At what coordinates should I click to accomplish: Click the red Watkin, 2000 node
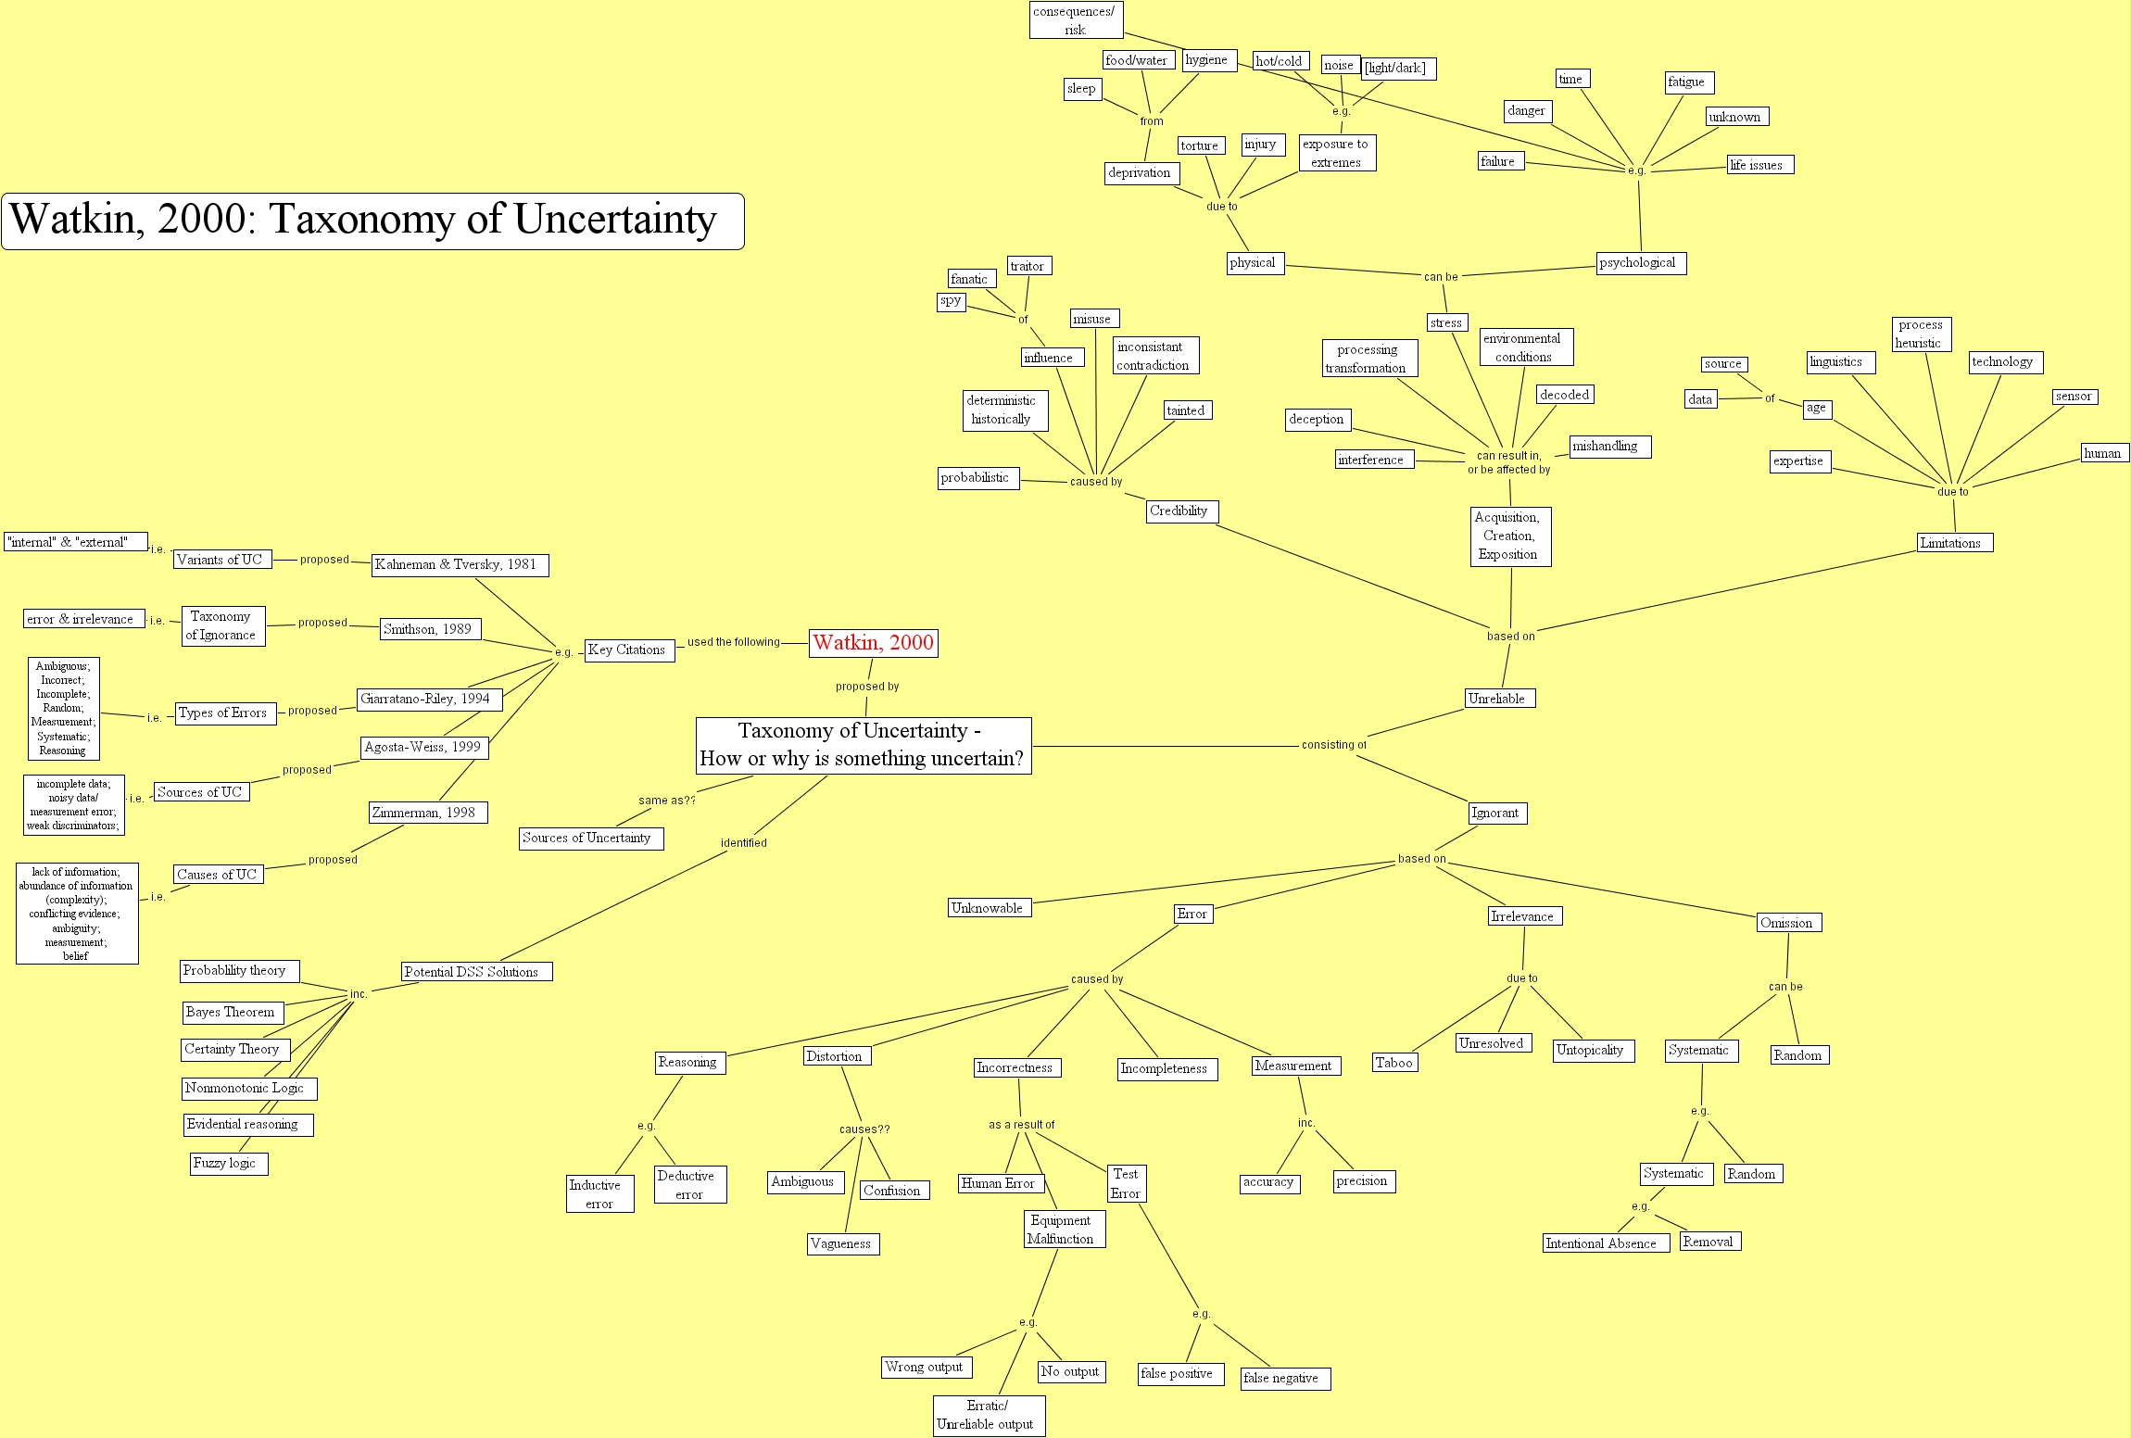tap(873, 643)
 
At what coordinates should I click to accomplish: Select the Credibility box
tap(1180, 511)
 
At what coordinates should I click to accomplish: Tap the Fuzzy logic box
tap(228, 1164)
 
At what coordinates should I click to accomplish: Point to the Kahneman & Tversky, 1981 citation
tap(460, 565)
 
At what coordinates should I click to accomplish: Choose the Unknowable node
tap(990, 908)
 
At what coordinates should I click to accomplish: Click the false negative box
tap(1285, 1379)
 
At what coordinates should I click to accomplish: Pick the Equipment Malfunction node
tap(1064, 1230)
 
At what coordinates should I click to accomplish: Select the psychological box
tap(1641, 263)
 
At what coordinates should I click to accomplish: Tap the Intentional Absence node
tap(1605, 1243)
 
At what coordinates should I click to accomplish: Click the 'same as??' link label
tap(666, 801)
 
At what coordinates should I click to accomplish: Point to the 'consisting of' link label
tap(1333, 745)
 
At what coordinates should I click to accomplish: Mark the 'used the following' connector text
tap(733, 642)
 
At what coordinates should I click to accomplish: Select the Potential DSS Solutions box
tap(476, 972)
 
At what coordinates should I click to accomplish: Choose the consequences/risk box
tap(1075, 20)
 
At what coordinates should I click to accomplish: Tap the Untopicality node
tap(1593, 1051)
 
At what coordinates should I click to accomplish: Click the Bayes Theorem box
tap(233, 1013)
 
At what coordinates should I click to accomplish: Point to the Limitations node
tap(1954, 543)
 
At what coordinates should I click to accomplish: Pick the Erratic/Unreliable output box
tap(989, 1416)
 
